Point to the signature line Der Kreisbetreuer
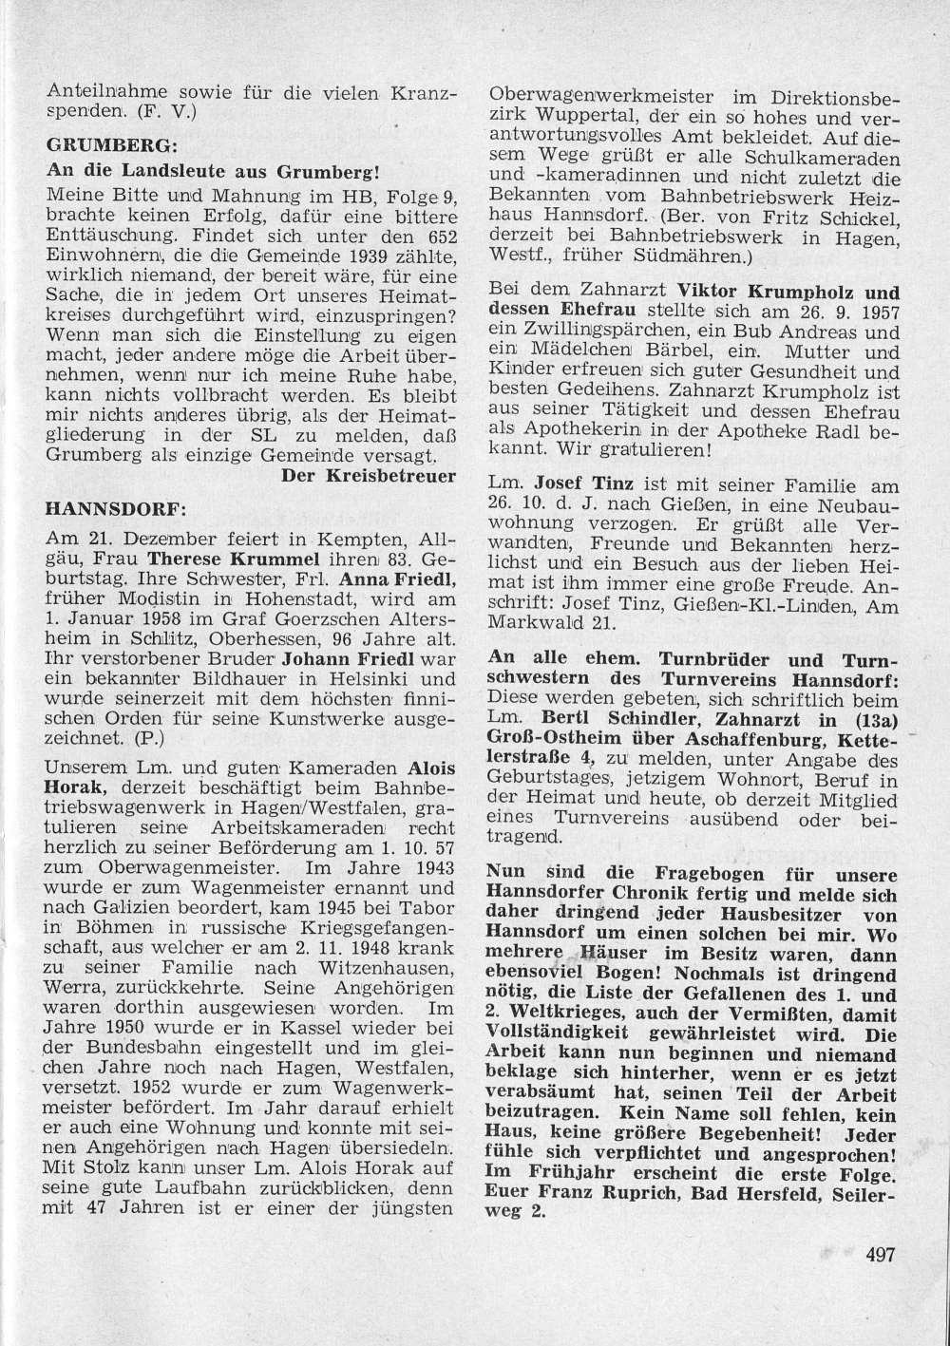370,477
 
